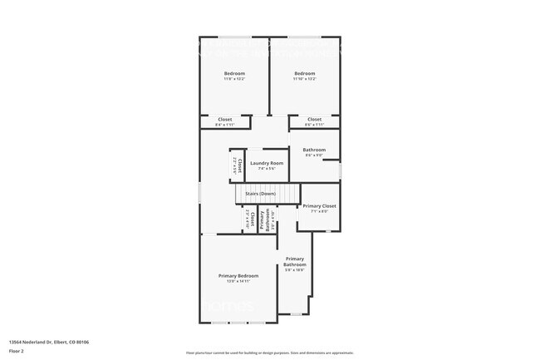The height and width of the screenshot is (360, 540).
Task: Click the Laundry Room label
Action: pos(266,163)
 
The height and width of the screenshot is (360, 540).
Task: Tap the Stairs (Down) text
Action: pos(260,194)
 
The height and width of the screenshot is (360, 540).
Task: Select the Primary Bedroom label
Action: pos(238,275)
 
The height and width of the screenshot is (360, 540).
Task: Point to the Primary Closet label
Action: pos(319,205)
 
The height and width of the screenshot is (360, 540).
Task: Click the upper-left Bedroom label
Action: pos(233,74)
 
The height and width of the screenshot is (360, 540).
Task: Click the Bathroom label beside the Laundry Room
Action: pos(314,150)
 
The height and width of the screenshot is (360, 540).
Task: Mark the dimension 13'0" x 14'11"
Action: pos(238,282)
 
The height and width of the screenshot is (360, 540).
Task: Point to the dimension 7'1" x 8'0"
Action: pos(319,211)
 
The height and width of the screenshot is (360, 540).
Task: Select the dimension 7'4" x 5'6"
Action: pos(266,169)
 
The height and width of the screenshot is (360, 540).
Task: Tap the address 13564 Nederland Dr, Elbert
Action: pos(49,342)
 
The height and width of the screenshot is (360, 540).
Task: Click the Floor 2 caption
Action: pos(17,350)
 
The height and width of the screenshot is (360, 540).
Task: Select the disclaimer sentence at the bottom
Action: pos(270,353)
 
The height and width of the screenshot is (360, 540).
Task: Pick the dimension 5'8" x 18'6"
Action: pos(295,270)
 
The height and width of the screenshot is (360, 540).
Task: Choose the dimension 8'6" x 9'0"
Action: pos(314,155)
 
